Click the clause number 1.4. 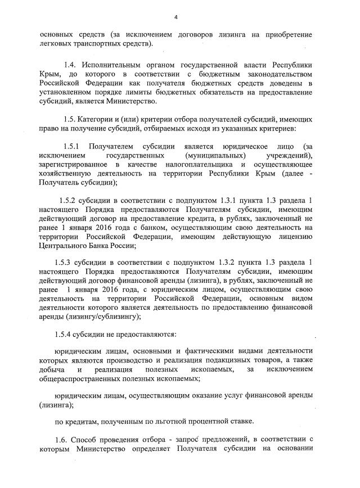pyautogui.click(x=71, y=65)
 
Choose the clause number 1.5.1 pyautogui.click(x=74, y=146)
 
